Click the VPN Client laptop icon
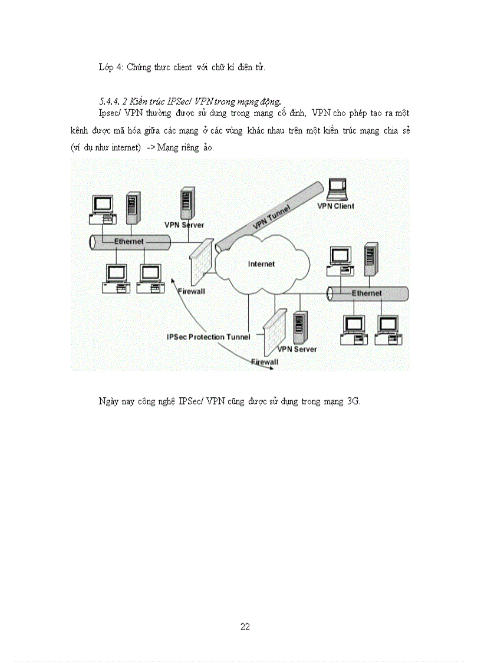point(337,189)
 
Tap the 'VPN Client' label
point(336,206)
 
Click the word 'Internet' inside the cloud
point(261,264)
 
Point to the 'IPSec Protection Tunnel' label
point(209,337)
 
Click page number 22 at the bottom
point(245,627)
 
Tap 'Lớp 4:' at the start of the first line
point(110,67)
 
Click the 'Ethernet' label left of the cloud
point(129,242)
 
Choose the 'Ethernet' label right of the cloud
point(367,293)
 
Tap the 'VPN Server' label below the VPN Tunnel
point(184,225)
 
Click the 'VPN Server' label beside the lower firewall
point(297,349)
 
